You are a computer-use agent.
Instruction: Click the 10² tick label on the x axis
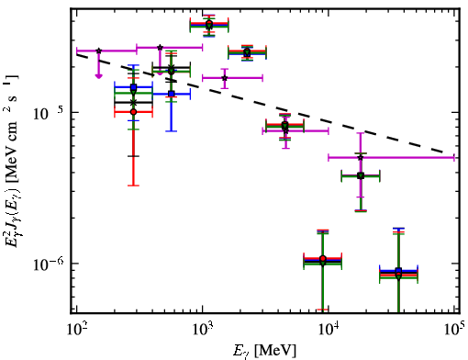coord(77,331)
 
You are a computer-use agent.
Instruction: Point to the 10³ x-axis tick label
coord(203,331)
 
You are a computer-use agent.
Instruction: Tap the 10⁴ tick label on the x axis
coord(329,331)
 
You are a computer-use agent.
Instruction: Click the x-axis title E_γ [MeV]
coord(264,351)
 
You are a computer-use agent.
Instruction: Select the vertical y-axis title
coord(12,161)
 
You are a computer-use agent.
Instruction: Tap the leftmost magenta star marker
coord(98,51)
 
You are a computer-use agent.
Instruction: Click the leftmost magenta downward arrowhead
coord(98,76)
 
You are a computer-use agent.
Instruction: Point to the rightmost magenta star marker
coord(361,157)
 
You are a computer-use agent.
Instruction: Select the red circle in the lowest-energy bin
coord(133,112)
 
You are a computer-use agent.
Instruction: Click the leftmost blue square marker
coord(133,87)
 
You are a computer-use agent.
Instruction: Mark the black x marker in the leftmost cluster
coord(133,102)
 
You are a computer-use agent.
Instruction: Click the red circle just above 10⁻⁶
coord(323,258)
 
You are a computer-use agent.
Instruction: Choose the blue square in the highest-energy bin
coord(398,270)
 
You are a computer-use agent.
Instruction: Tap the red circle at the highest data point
coord(209,23)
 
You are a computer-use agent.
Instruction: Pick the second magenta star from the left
coord(160,48)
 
